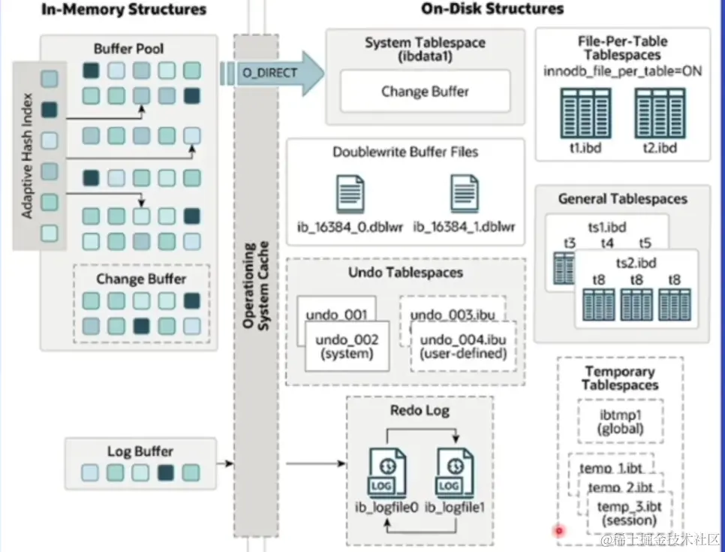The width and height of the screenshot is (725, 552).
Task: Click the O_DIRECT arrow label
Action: click(269, 73)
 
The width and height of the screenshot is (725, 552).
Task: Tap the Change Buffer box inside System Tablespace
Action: click(425, 92)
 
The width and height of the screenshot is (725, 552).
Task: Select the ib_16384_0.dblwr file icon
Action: click(350, 195)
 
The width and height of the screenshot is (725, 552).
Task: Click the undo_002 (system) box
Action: click(347, 346)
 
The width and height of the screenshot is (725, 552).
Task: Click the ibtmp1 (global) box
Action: click(621, 422)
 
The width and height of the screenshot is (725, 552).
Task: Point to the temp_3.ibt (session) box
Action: click(629, 512)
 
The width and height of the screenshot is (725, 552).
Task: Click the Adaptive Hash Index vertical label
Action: click(28, 156)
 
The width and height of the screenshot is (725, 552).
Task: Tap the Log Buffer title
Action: click(140, 451)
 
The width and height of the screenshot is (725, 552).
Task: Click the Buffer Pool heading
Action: click(128, 49)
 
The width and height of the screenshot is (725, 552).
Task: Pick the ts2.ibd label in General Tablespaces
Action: click(636, 263)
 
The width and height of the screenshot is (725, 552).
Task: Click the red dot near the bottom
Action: click(558, 532)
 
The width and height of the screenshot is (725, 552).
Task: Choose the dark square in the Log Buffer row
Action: click(166, 473)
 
